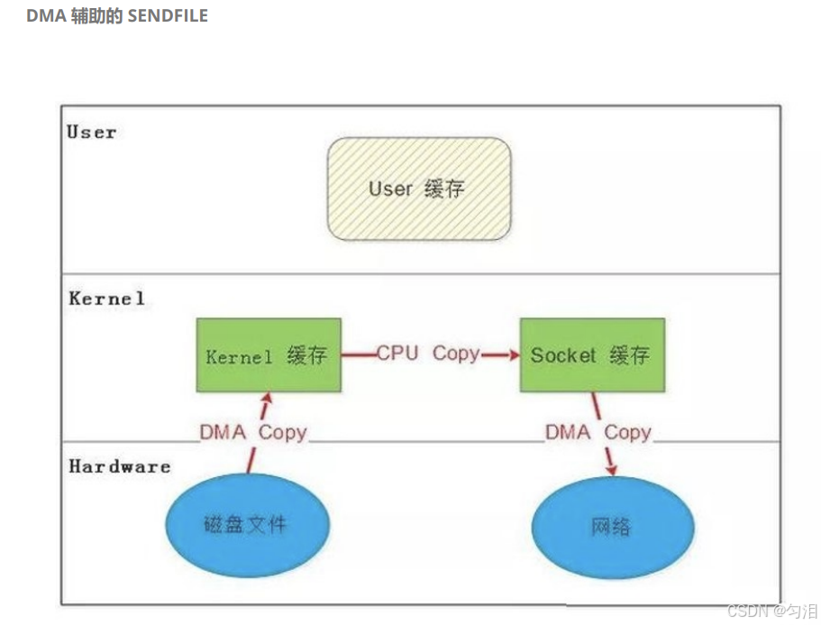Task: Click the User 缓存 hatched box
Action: [x=418, y=188]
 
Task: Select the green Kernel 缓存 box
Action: [x=268, y=354]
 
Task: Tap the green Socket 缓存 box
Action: [x=591, y=354]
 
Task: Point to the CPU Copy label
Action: [x=428, y=354]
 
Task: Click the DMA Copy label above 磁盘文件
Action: [x=252, y=432]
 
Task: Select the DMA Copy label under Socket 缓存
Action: [x=598, y=432]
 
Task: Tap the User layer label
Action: [x=92, y=133]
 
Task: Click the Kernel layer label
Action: [x=106, y=298]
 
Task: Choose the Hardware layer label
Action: [x=119, y=466]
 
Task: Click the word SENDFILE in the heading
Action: [x=168, y=16]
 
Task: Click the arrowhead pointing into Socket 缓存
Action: [x=515, y=354]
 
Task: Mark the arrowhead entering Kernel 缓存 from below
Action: [x=266, y=398]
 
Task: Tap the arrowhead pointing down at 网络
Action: [x=612, y=470]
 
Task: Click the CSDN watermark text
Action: [x=746, y=611]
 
